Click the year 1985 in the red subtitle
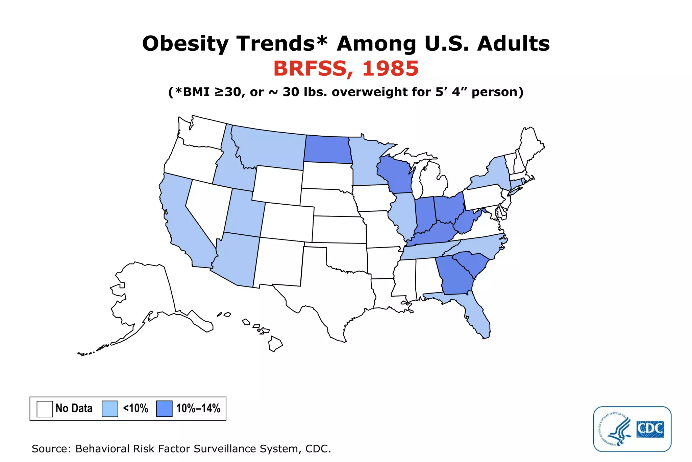click(390, 69)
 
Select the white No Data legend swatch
click(45, 409)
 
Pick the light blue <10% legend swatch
click(110, 409)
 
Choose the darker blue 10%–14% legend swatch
click(164, 409)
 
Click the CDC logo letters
click(650, 429)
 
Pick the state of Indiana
click(425, 213)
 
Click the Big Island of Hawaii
click(275, 344)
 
